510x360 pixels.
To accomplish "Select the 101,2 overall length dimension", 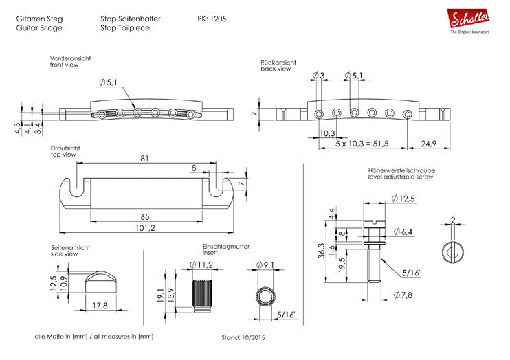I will pos(145,228).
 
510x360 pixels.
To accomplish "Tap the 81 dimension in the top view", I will pos(145,157).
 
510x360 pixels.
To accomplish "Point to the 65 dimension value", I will pos(145,216).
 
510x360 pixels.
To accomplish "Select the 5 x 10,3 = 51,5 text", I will pos(362,144).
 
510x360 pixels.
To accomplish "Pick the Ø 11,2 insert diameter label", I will pos(201,265).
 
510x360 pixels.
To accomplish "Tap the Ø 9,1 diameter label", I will pos(265,265).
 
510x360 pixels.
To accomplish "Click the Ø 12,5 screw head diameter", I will pos(403,199).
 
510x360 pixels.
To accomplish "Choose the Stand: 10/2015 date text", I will pos(243,339).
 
